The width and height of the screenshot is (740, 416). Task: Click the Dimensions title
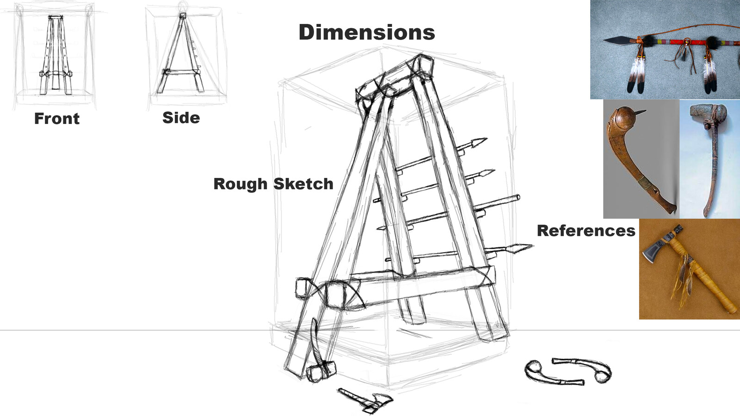click(367, 32)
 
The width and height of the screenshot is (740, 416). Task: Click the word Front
click(56, 119)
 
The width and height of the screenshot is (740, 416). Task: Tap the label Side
click(181, 118)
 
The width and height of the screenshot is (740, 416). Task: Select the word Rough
click(240, 184)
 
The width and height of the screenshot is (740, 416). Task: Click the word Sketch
click(303, 184)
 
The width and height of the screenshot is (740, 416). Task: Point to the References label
click(586, 231)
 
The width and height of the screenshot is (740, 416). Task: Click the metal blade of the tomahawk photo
click(656, 257)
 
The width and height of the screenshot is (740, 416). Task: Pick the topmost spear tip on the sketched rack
click(479, 141)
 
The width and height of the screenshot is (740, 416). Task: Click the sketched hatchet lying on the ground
click(365, 400)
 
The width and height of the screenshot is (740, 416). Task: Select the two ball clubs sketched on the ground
click(568, 371)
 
